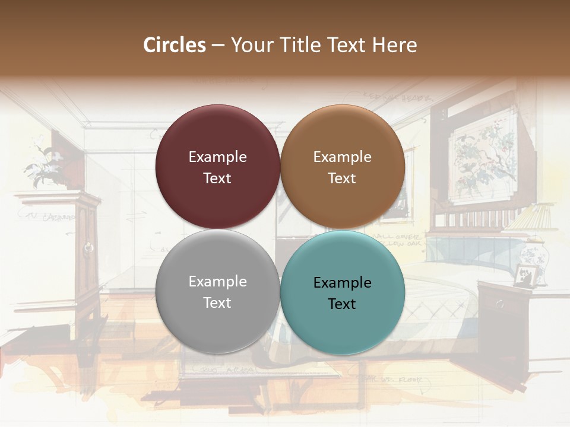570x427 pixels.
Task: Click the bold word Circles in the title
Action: pyautogui.click(x=175, y=45)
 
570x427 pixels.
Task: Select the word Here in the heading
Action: pyautogui.click(x=394, y=45)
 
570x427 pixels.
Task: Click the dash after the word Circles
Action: pyautogui.click(x=218, y=46)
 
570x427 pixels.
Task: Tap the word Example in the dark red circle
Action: pyautogui.click(x=217, y=157)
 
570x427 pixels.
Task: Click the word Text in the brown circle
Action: pyautogui.click(x=342, y=179)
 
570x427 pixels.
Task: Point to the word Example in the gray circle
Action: pyautogui.click(x=217, y=282)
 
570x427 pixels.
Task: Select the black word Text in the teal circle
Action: pyautogui.click(x=342, y=304)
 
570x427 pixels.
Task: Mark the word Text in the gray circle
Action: pyautogui.click(x=217, y=303)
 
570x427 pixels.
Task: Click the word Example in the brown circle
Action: pyautogui.click(x=342, y=157)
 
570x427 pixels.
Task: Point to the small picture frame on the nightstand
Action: pyautogui.click(x=525, y=275)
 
